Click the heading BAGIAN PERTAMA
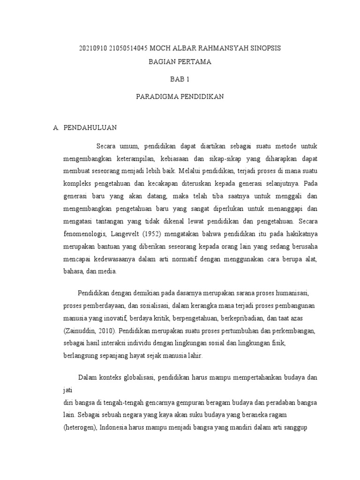click(x=180, y=62)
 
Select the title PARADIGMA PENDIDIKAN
click(x=180, y=97)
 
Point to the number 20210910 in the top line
click(x=93, y=49)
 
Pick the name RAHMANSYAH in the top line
click(x=224, y=49)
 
